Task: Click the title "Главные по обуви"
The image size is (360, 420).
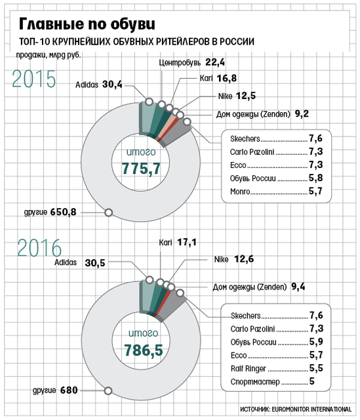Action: pyautogui.click(x=87, y=24)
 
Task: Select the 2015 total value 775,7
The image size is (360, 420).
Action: pyautogui.click(x=141, y=169)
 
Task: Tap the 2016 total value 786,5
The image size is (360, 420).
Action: pyautogui.click(x=144, y=350)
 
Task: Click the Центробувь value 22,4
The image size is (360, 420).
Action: pyautogui.click(x=215, y=62)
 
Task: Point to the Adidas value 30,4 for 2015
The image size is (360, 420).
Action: pyautogui.click(x=112, y=85)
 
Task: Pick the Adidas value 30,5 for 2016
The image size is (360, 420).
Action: pyautogui.click(x=95, y=262)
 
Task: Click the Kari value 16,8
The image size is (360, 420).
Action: pyautogui.click(x=227, y=78)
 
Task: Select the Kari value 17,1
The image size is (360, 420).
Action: pyautogui.click(x=187, y=242)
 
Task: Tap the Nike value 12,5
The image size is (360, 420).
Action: pyautogui.click(x=246, y=96)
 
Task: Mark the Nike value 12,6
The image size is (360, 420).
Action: pyautogui.click(x=244, y=259)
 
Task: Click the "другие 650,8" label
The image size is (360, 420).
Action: pyautogui.click(x=50, y=212)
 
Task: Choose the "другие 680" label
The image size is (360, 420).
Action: pyautogui.click(x=55, y=390)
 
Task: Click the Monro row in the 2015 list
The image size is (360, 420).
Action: pyautogui.click(x=276, y=191)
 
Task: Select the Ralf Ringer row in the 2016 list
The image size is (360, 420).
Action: pyautogui.click(x=277, y=368)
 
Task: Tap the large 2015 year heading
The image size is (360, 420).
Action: pyautogui.click(x=34, y=79)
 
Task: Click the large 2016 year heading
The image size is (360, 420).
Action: pyautogui.click(x=39, y=248)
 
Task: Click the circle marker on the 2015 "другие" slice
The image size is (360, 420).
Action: pyautogui.click(x=108, y=213)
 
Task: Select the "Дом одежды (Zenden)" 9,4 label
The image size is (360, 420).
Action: pyautogui.click(x=258, y=287)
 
